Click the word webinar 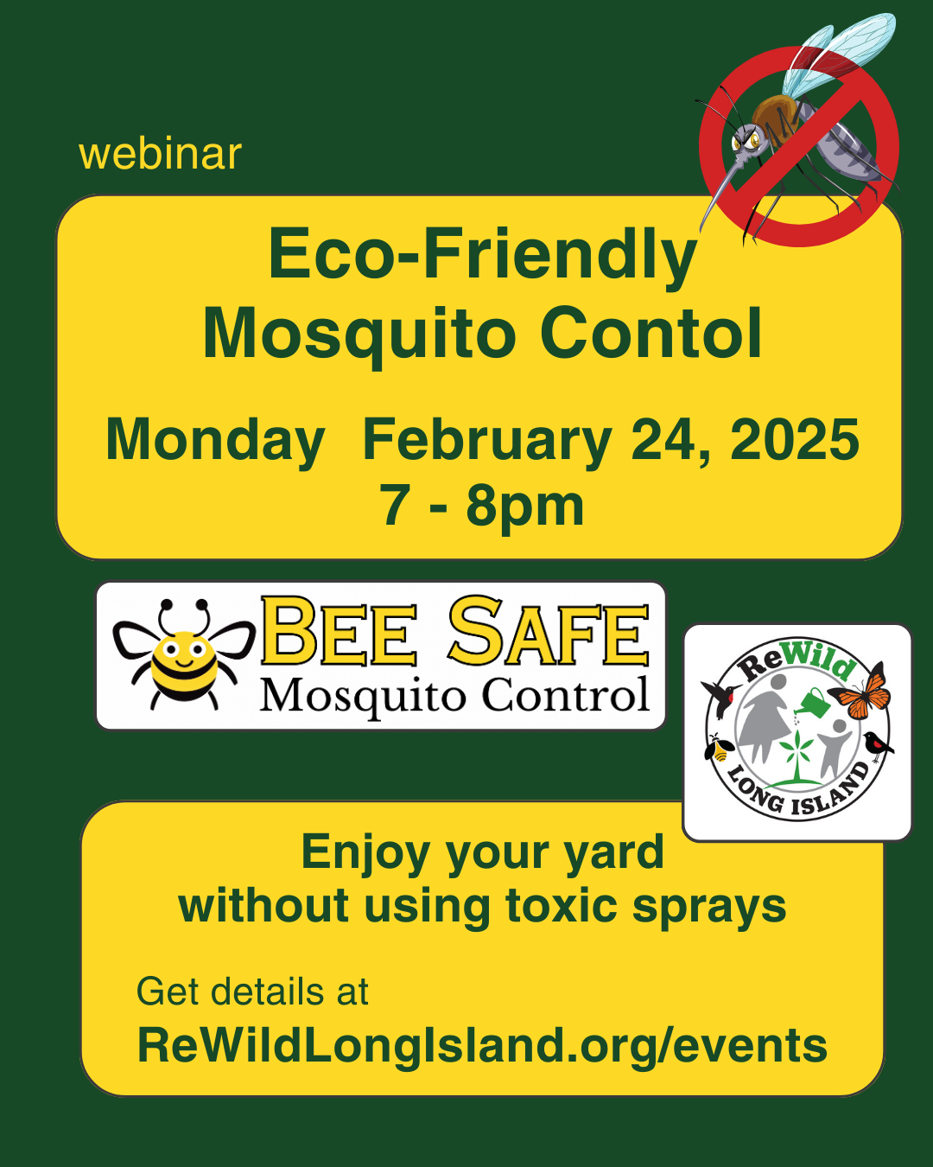click(x=160, y=155)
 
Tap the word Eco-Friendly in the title click(x=483, y=255)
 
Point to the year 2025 click(x=795, y=439)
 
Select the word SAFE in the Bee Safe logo click(x=549, y=631)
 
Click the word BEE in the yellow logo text click(x=340, y=631)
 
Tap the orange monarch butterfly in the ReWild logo click(x=860, y=691)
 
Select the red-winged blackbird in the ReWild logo click(x=878, y=746)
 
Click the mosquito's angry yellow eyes click(x=747, y=142)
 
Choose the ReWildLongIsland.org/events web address click(x=482, y=1045)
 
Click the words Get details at click(x=252, y=992)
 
